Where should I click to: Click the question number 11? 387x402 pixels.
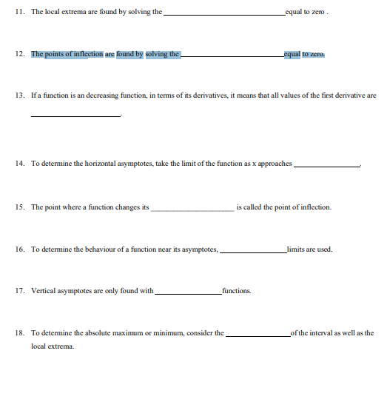[19, 13]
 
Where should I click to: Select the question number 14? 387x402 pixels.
[19, 163]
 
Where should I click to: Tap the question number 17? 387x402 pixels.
[19, 291]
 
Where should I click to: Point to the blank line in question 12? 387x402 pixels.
[232, 56]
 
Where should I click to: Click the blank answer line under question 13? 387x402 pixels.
[75, 116]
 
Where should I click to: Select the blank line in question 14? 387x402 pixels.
[326, 165]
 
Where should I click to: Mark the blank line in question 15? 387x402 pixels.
[192, 210]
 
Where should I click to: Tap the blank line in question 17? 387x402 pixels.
[187, 293]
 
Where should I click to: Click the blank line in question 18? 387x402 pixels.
[258, 335]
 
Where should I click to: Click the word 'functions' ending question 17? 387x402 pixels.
[236, 291]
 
